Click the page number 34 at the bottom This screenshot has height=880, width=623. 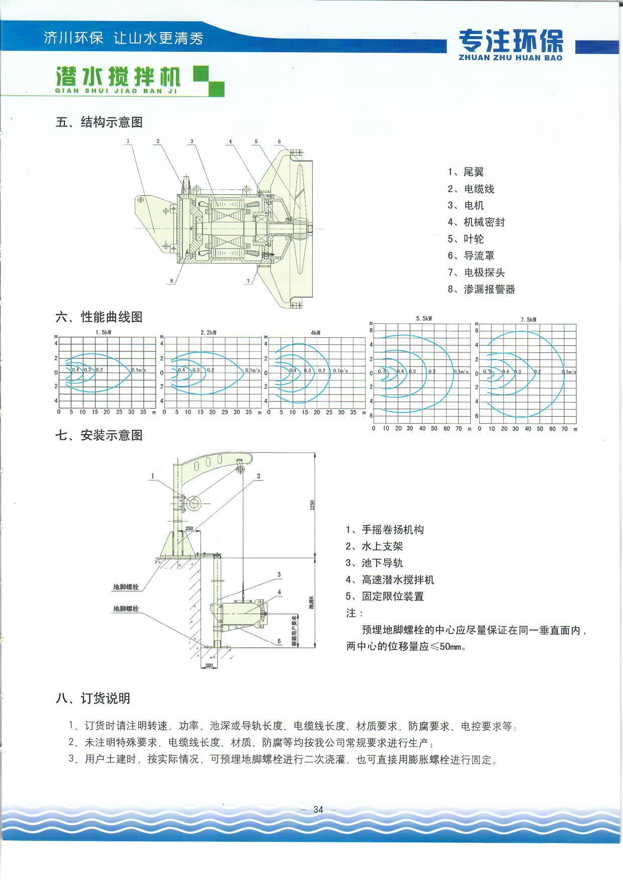(x=318, y=809)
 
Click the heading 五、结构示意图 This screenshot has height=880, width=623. (x=99, y=122)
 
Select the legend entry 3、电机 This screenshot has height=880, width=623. (x=466, y=205)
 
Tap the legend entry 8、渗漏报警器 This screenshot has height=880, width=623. (x=481, y=289)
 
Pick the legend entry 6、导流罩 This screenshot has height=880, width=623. (x=471, y=256)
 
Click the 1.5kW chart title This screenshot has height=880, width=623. (x=103, y=332)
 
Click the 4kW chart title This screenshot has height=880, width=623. (x=316, y=333)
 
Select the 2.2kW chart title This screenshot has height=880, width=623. (x=208, y=332)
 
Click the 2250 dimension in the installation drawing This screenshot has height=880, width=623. (x=311, y=505)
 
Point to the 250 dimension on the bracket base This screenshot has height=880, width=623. (x=189, y=528)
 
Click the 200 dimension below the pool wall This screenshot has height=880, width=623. (x=209, y=665)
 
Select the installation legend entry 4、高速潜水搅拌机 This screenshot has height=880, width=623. (x=390, y=580)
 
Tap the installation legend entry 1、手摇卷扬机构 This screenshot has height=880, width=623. (x=385, y=530)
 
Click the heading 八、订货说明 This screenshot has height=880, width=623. (x=93, y=698)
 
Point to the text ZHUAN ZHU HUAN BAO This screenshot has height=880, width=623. (x=511, y=58)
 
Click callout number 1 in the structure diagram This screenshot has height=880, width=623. (x=128, y=141)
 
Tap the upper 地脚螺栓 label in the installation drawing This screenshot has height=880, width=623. (x=126, y=586)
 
